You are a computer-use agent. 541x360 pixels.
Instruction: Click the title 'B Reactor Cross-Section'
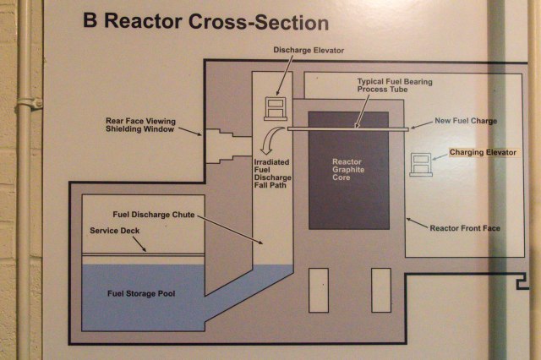point(205,21)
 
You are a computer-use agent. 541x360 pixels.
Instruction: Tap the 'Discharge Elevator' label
point(309,51)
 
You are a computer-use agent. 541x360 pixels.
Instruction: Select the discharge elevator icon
point(276,107)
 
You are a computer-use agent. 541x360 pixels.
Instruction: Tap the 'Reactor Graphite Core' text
point(347,167)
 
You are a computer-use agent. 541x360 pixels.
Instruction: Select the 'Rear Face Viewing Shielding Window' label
point(139,125)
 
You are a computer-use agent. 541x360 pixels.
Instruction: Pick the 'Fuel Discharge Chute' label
point(153,215)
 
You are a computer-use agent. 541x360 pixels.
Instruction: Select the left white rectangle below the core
point(318,290)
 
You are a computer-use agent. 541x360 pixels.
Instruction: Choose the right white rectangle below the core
point(380,290)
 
